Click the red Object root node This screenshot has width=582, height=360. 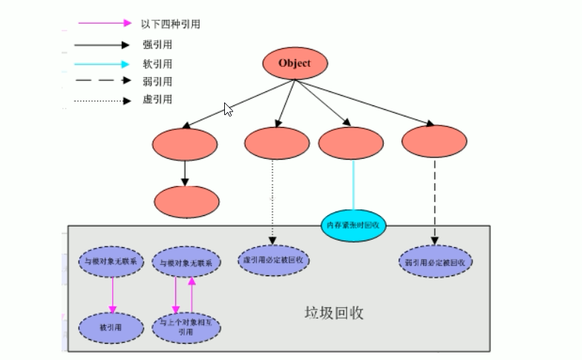tap(294, 64)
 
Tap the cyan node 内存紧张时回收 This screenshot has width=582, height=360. tap(353, 224)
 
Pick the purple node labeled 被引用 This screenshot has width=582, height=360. tap(111, 327)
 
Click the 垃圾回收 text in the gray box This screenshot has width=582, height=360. tap(335, 312)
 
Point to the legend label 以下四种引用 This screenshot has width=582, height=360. tap(170, 24)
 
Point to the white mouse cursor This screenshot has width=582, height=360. tap(229, 109)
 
